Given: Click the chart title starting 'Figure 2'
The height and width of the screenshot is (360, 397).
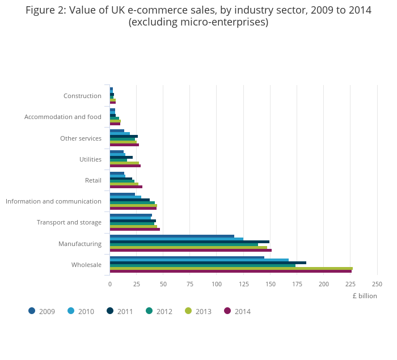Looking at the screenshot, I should (198, 16).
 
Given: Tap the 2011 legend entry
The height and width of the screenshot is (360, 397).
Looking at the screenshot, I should (120, 311).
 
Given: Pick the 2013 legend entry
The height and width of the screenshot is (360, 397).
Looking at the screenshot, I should (198, 311).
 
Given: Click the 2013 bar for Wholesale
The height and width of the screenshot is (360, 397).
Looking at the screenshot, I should (231, 268).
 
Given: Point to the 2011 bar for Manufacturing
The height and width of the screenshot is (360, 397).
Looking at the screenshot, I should (189, 242).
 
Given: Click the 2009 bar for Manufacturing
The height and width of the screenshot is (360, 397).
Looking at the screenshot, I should (172, 236).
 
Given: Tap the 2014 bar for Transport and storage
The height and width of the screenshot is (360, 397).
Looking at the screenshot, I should (134, 229).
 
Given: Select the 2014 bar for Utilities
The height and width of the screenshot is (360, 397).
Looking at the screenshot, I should (125, 166).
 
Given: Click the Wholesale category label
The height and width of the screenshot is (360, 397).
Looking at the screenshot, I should (86, 265).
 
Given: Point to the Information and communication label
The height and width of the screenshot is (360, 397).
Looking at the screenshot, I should (53, 201).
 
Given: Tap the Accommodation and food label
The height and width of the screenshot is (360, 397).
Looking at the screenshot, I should (63, 117).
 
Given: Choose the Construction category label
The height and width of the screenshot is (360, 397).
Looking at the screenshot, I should (82, 96).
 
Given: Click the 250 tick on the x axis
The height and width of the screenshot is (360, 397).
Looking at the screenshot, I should (377, 284).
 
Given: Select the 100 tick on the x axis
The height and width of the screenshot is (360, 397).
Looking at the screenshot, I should (216, 284).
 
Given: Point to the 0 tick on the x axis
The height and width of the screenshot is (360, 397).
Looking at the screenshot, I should (109, 284).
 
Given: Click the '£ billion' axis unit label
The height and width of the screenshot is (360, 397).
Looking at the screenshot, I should (364, 296).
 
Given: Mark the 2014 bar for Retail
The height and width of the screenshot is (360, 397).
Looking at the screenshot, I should (126, 187).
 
